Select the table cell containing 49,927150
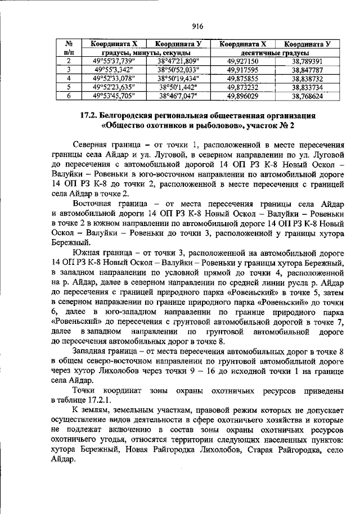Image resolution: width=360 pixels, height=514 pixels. click(x=242, y=61)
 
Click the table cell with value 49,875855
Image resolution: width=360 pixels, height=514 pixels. click(x=242, y=78)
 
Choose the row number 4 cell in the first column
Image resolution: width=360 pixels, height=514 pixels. click(x=68, y=78)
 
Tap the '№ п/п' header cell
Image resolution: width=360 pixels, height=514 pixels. click(x=68, y=48)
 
